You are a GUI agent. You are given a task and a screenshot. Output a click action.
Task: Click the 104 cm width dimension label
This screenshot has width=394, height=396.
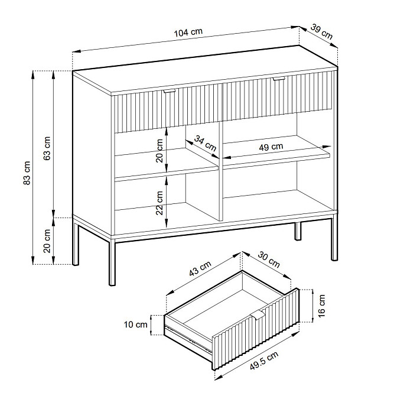coord(188,33)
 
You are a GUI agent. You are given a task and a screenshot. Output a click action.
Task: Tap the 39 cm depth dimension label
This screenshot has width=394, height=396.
coord(321,31)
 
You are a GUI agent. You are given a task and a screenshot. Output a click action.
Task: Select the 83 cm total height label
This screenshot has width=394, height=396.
coord(27,173)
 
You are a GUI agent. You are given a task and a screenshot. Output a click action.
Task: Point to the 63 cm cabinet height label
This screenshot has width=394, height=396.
coord(47,148)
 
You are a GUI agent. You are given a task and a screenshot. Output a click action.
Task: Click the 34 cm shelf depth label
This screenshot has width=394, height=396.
coord(205,143)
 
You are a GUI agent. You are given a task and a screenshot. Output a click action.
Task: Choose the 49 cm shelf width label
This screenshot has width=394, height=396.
coord(271,147)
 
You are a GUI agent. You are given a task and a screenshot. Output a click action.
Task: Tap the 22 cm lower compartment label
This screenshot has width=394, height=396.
coord(159,203)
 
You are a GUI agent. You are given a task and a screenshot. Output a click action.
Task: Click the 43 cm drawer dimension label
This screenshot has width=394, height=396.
coord(200,268)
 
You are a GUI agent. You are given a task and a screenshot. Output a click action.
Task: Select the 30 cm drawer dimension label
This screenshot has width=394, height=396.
coord(269,259)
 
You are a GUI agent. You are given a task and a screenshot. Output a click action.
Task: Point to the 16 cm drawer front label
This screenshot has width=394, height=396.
coord(321,306)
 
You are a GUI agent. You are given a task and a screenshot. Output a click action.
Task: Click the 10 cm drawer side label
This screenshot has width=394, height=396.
coord(135,324)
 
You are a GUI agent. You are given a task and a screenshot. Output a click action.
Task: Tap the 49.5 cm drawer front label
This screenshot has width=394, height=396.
coord(264,361)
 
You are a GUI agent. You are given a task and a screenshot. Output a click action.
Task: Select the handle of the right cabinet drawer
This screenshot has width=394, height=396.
coord(279,79)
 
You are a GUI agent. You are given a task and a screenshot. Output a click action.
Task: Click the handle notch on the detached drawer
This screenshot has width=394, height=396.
coord(258,314)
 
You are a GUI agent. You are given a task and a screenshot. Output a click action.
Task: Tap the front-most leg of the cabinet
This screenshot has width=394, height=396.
coord(112,262)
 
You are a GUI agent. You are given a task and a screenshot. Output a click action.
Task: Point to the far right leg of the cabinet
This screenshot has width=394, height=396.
coord(334,238)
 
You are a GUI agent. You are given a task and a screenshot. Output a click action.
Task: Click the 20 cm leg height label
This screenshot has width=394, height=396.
coord(47,241)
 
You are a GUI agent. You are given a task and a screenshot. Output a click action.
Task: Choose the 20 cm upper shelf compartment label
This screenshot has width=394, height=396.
coord(159,151)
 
